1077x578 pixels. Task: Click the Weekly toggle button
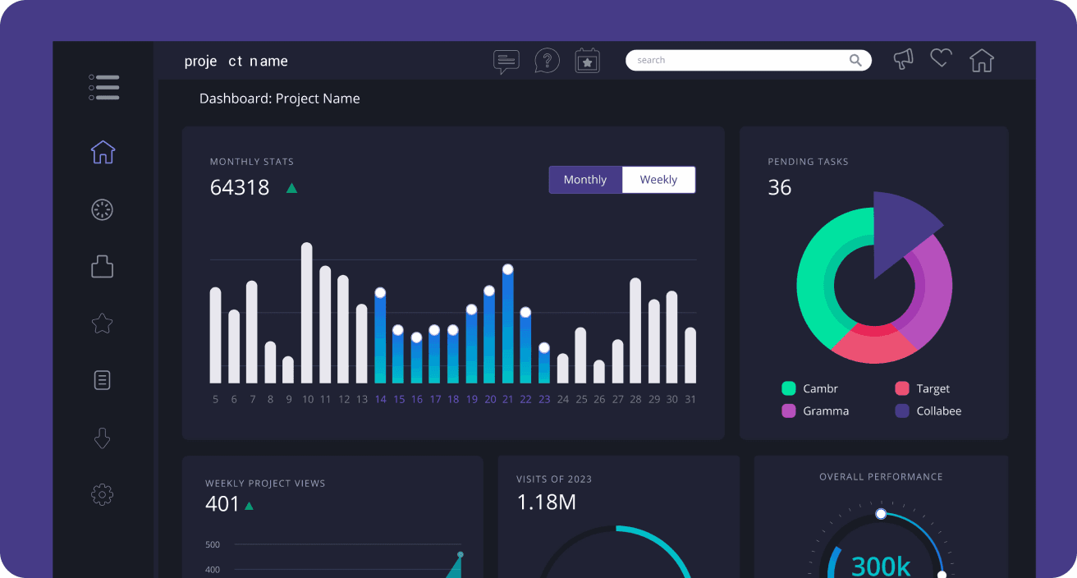pos(658,180)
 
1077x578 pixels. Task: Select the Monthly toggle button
pos(585,180)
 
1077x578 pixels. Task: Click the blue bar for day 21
pos(507,328)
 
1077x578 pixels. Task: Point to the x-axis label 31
pos(690,400)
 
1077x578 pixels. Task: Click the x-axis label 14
pos(380,400)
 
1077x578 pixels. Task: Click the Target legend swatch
pos(902,388)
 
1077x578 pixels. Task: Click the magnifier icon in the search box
pos(855,60)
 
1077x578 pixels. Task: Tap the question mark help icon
pos(547,61)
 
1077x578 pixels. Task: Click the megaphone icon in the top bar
pos(904,59)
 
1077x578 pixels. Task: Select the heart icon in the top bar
pos(941,57)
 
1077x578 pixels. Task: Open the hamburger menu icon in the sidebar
pos(103,88)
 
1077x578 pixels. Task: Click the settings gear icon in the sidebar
pos(102,494)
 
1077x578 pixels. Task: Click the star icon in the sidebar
pos(102,323)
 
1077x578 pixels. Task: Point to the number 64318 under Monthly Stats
pos(240,187)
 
